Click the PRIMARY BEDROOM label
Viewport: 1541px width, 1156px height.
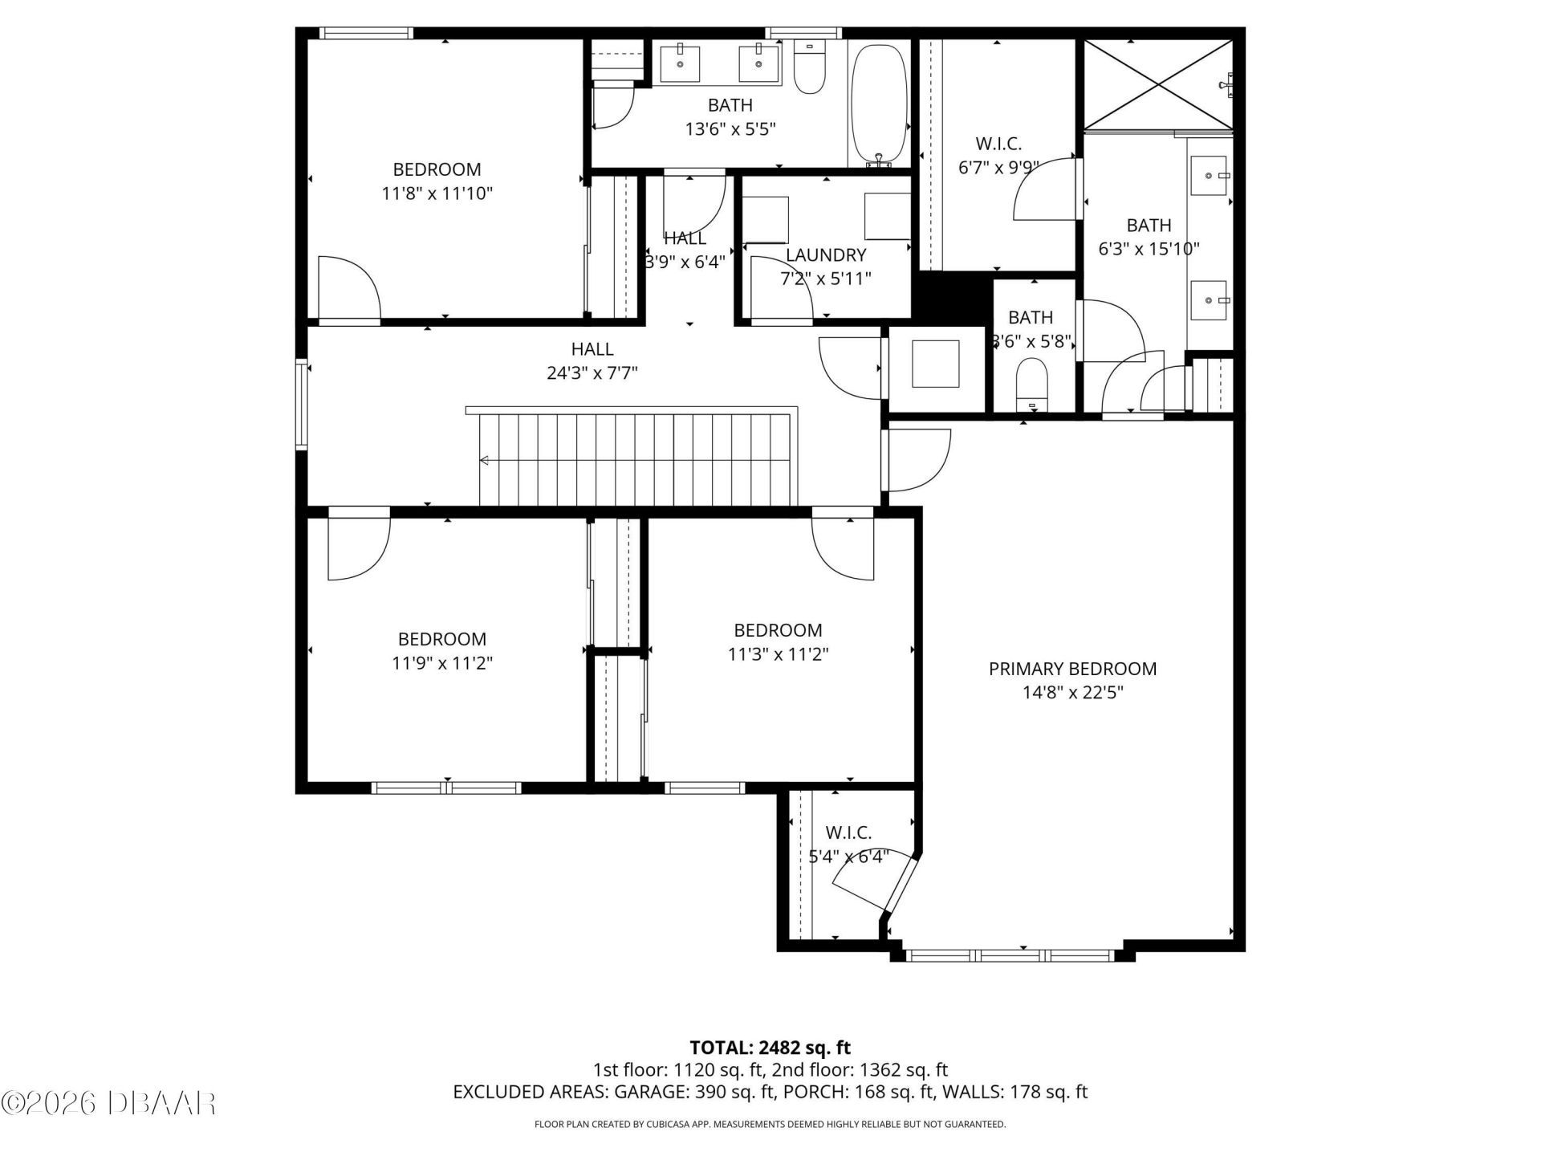point(1072,669)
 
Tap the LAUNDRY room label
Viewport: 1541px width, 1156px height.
point(825,255)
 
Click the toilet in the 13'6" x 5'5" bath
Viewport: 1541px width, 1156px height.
point(809,69)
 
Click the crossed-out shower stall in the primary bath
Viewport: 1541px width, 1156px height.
point(1157,83)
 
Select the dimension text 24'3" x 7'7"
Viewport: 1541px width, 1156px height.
point(592,373)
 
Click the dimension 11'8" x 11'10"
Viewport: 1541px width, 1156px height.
point(437,193)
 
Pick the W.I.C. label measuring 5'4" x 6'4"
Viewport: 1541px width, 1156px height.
point(848,833)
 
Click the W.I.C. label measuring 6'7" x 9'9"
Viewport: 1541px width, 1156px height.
point(998,144)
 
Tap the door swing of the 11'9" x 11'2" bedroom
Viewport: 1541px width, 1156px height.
point(360,548)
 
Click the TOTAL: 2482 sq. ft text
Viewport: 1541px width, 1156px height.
point(770,1048)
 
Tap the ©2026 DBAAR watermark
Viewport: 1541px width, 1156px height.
point(108,1102)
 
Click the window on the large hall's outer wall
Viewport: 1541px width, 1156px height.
point(302,404)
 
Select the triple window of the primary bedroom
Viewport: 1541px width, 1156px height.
point(1009,955)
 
